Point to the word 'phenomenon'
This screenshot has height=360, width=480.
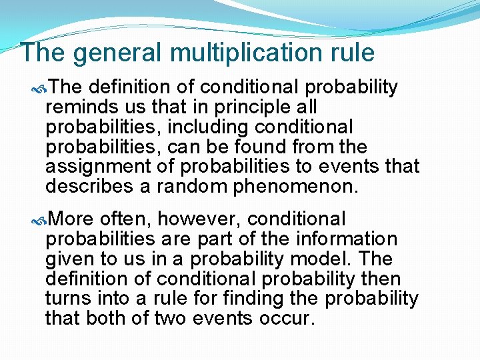295,187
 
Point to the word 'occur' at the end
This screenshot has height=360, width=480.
286,318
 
